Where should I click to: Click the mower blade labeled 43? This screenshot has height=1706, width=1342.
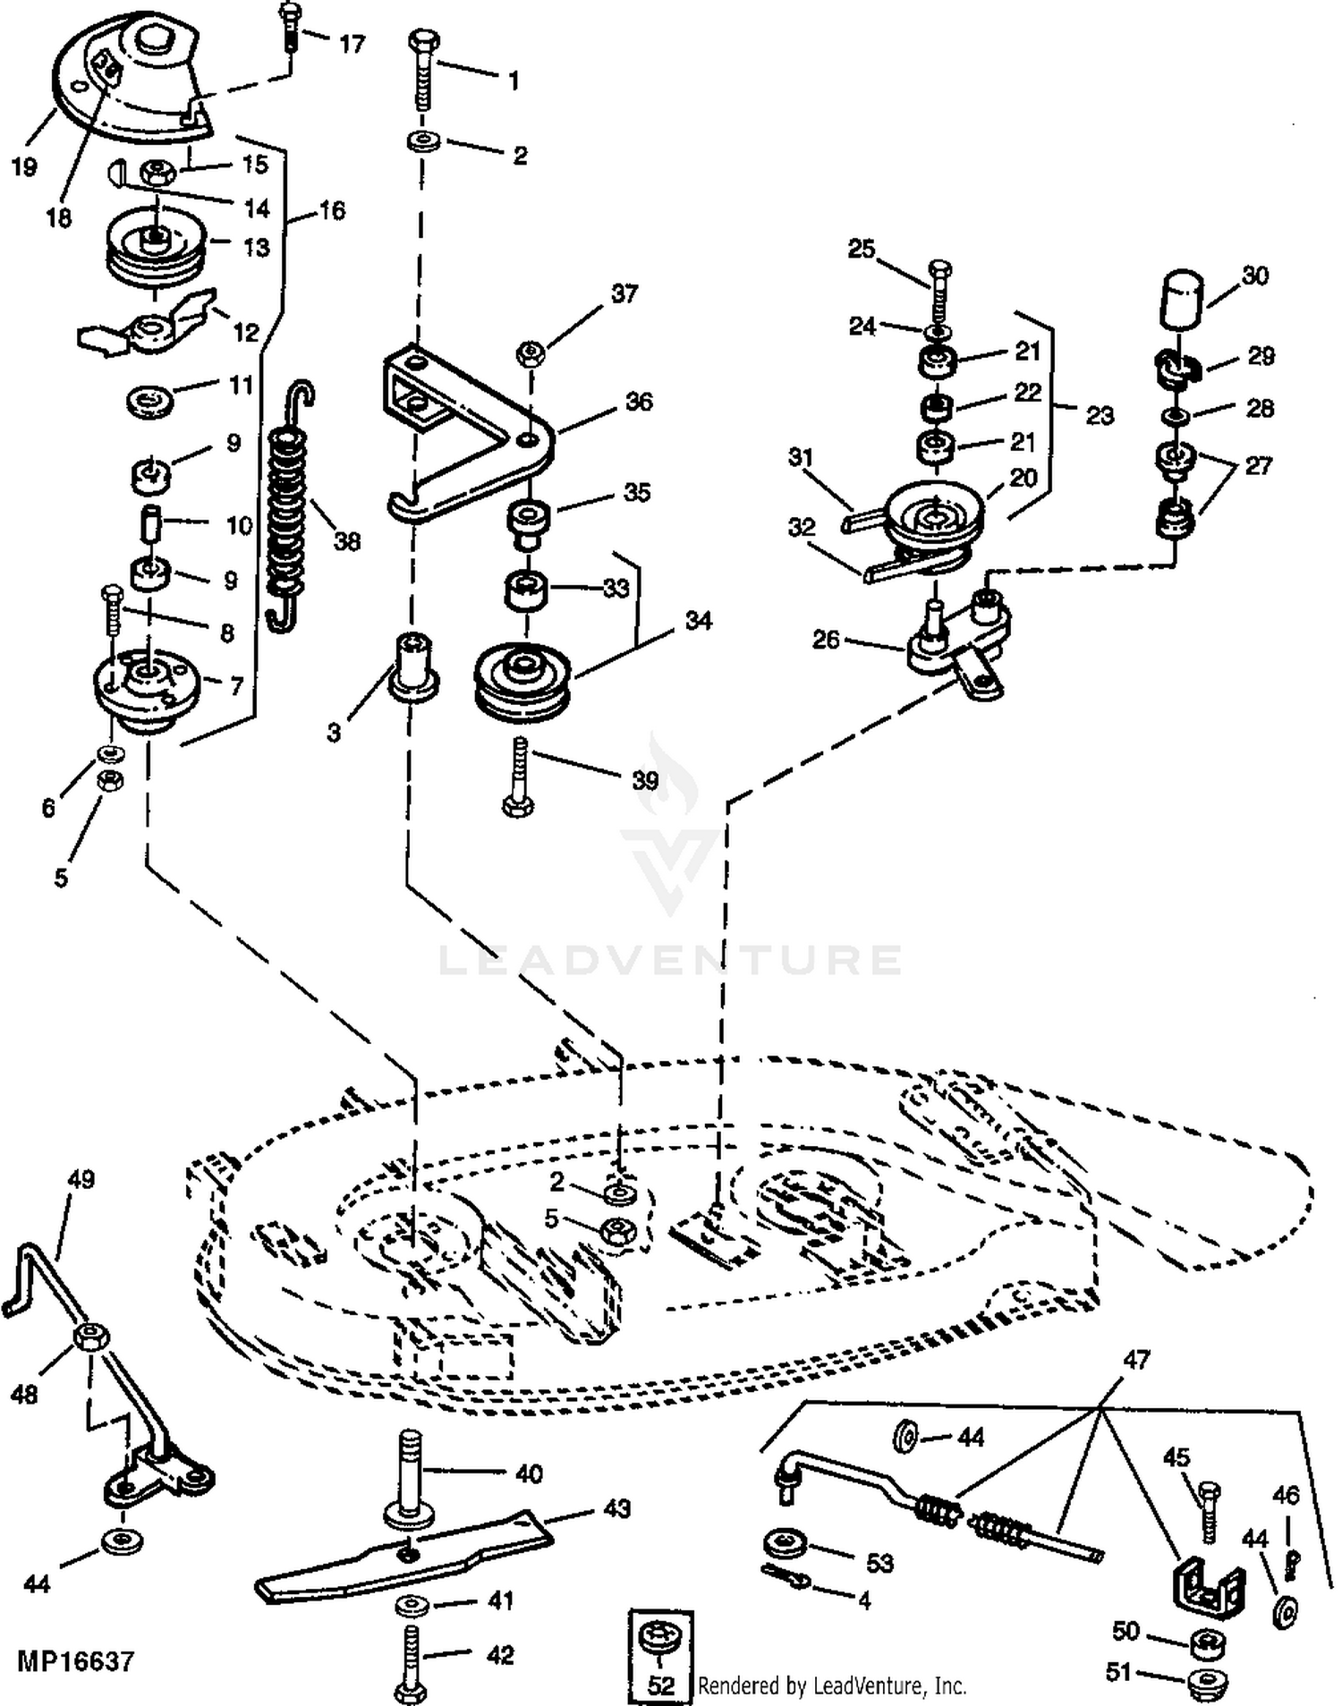coord(403,1555)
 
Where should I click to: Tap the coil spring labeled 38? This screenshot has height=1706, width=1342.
coord(290,505)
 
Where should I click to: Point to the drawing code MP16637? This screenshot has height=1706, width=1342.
coord(75,1661)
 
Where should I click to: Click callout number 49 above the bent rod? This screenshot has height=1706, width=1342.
coord(81,1179)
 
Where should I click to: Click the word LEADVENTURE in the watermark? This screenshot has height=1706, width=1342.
coord(669,960)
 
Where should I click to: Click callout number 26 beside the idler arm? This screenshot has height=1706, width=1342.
coord(825,639)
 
